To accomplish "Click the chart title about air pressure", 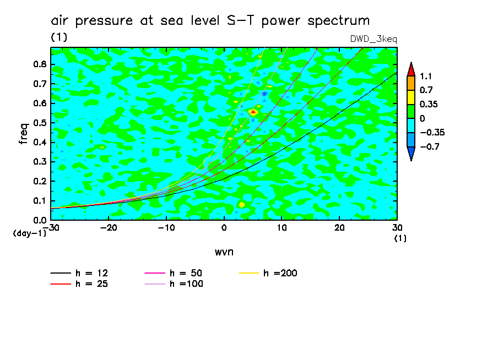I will coord(210,21).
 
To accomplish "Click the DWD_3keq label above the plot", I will coord(373,39).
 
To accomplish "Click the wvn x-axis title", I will coord(224,252).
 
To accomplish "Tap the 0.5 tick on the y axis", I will coord(40,123).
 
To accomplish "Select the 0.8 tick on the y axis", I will coord(40,64).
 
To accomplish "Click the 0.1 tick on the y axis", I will coord(40,201).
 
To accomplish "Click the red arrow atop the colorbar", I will coord(411,68).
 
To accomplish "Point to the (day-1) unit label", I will coord(29,233).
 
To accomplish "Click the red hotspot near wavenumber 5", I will coord(253,112).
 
